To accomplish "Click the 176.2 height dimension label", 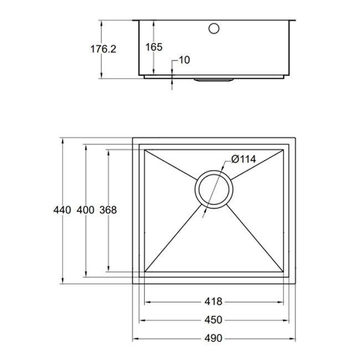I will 102,49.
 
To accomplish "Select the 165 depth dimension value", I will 154,47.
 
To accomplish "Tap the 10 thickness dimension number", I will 184,60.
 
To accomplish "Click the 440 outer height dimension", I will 63,210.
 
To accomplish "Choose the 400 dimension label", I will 85,210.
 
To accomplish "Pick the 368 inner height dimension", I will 107,210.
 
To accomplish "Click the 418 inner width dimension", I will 213,302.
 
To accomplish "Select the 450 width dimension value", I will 213,320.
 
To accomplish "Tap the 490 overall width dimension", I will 213,338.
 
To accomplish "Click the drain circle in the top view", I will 214,189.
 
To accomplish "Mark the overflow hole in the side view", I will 214,28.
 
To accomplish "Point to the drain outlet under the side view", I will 214,80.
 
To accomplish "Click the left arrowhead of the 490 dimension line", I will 135,338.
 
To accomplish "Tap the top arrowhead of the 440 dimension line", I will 63,139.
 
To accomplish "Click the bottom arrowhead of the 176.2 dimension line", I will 102,75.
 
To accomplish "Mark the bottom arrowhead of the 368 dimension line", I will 107,270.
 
